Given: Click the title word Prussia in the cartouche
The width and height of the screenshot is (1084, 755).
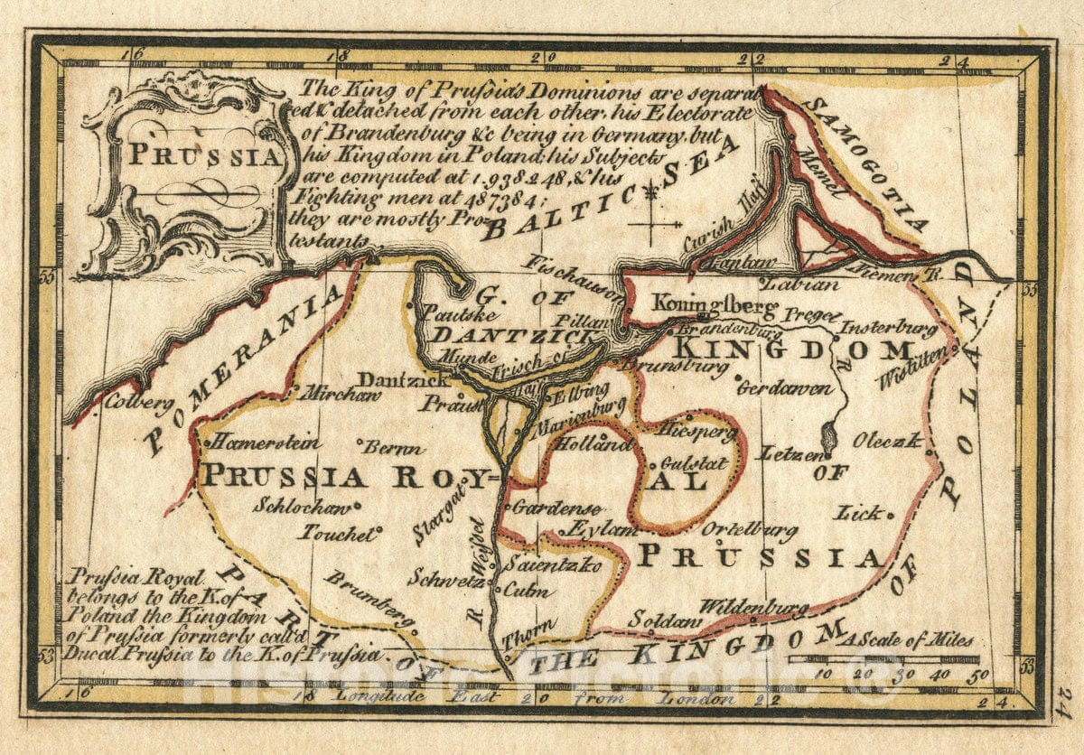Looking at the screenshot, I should (202, 154).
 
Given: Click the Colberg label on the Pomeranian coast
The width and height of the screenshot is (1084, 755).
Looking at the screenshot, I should (139, 403).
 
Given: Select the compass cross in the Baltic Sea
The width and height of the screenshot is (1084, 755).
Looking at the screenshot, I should (653, 221).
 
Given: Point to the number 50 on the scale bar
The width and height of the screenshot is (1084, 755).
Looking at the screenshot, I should (979, 674).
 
